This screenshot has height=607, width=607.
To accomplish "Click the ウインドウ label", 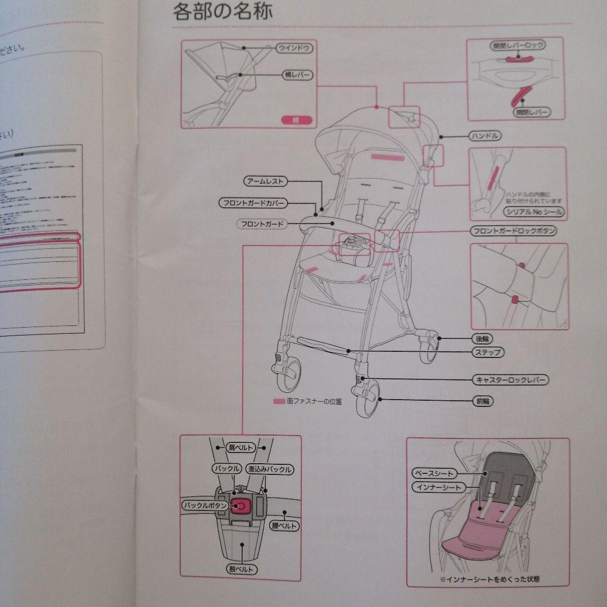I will pyautogui.click(x=294, y=49).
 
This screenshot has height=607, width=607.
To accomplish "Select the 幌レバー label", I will pyautogui.click(x=296, y=75).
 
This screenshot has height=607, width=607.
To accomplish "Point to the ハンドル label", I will pyautogui.click(x=484, y=135).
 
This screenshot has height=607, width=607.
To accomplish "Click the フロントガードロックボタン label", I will pyautogui.click(x=513, y=232).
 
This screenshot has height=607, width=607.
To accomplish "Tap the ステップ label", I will pyautogui.click(x=487, y=352).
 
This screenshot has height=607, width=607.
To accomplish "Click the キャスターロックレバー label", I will pyautogui.click(x=510, y=380).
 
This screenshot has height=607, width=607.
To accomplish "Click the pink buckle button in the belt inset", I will pyautogui.click(x=241, y=506).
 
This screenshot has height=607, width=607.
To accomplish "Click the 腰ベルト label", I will pyautogui.click(x=285, y=526).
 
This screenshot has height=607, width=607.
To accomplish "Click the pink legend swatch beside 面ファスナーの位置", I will pyautogui.click(x=278, y=402).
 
